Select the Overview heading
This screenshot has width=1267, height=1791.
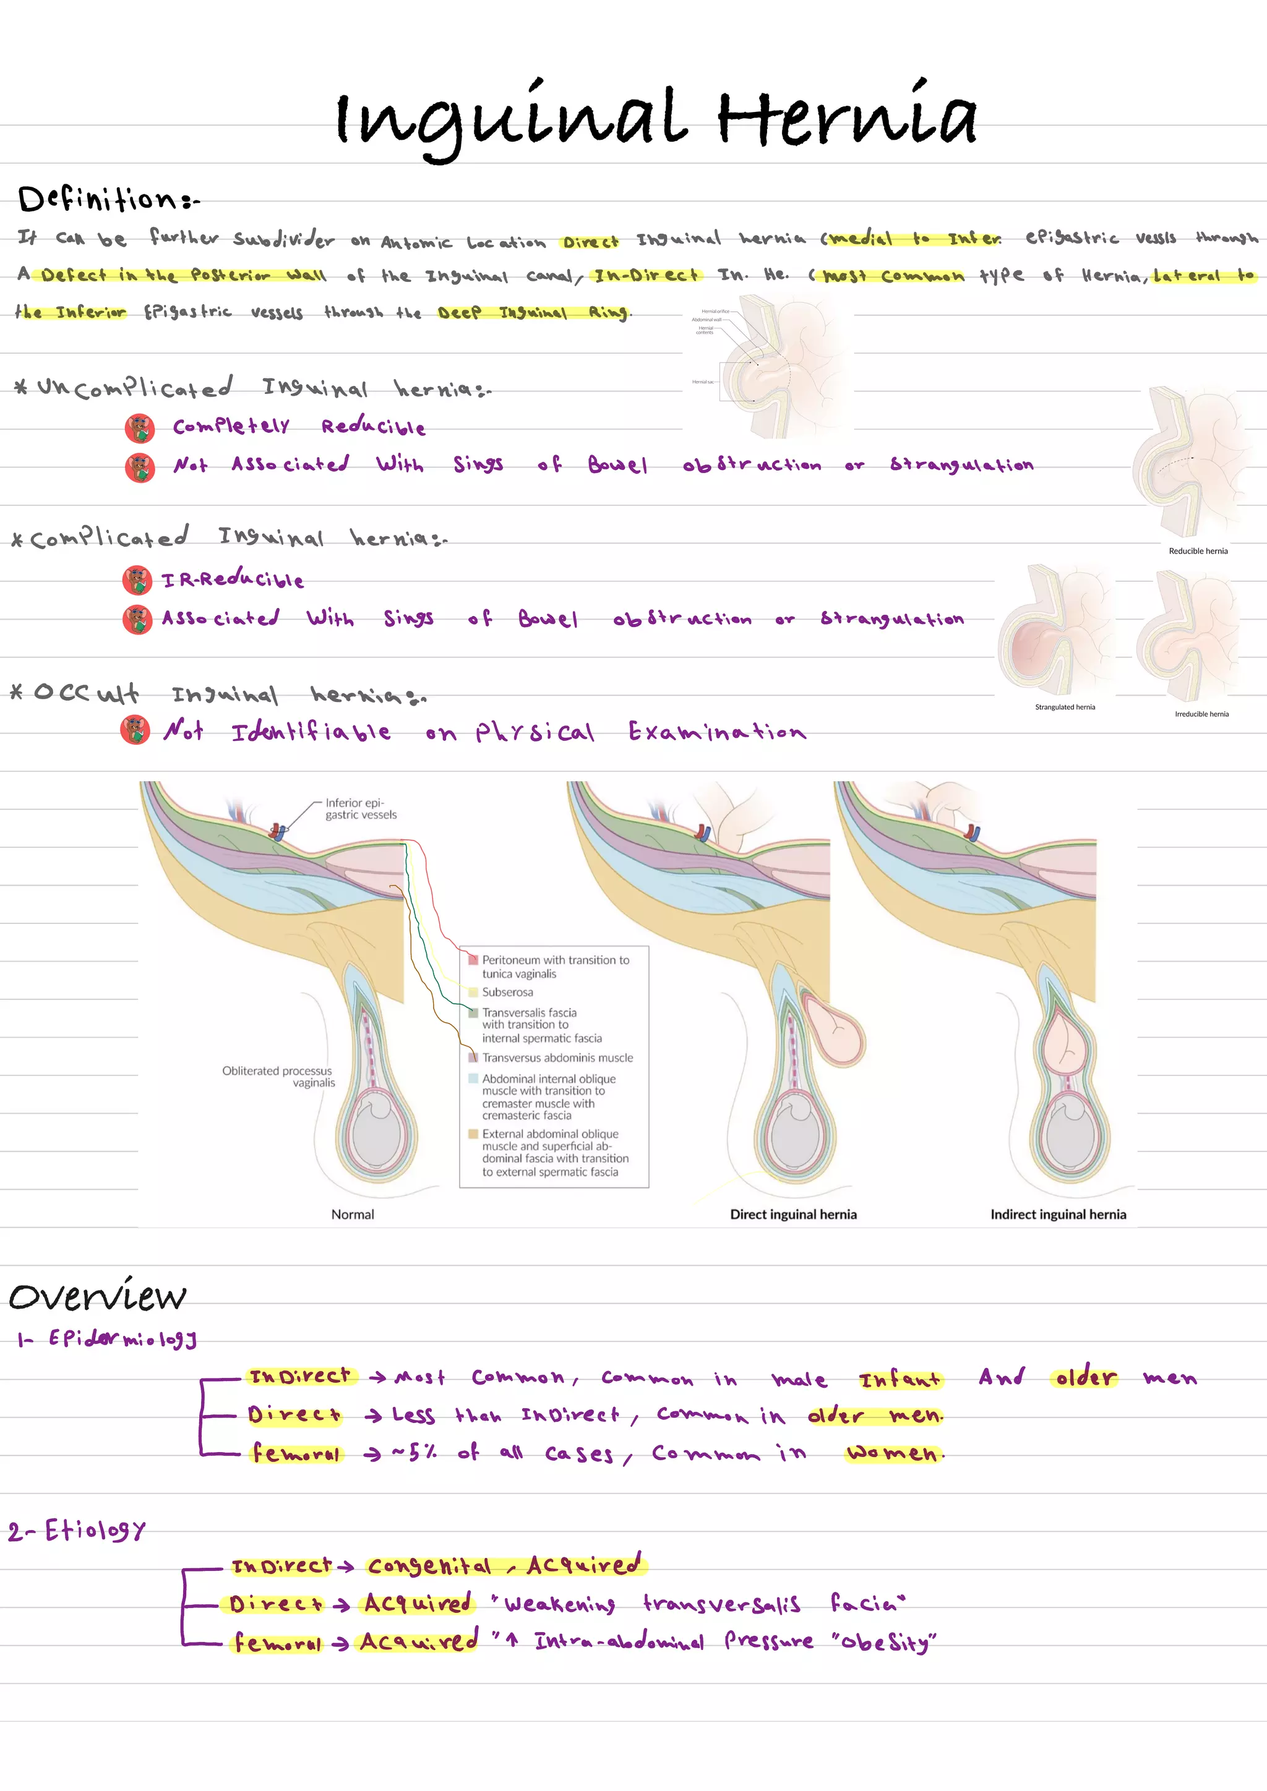click(x=98, y=1296)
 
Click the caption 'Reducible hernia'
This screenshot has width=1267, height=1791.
click(x=1198, y=550)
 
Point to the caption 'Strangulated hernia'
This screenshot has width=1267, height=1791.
click(x=1064, y=707)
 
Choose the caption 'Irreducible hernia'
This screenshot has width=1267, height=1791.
click(x=1201, y=714)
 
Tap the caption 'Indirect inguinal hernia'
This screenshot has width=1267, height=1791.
click(x=1058, y=1214)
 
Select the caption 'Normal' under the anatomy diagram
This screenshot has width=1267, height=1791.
click(x=353, y=1214)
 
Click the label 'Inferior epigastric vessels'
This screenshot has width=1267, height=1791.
click(x=361, y=808)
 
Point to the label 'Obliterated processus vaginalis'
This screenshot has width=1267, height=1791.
click(x=278, y=1077)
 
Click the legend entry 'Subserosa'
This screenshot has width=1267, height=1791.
click(x=507, y=992)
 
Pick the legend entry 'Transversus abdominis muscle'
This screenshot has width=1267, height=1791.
click(x=557, y=1058)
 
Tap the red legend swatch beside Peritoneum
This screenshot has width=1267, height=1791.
click(x=473, y=960)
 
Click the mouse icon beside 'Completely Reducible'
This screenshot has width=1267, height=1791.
click(x=140, y=427)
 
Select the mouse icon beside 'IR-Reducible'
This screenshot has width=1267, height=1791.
click(x=137, y=580)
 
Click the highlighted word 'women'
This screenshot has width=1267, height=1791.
click(x=893, y=1453)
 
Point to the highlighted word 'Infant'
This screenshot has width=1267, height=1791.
click(x=900, y=1379)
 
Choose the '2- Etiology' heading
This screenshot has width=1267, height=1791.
click(x=77, y=1531)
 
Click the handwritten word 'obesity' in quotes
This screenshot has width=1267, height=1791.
click(x=883, y=1642)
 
